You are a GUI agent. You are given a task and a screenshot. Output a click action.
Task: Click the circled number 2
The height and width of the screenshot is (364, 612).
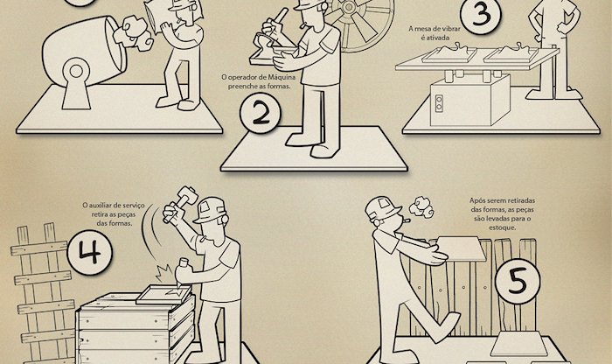[261, 113]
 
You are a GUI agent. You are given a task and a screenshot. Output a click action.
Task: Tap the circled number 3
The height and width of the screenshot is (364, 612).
[482, 14]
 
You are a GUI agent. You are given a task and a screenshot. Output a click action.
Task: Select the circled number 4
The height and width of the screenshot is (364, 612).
[89, 252]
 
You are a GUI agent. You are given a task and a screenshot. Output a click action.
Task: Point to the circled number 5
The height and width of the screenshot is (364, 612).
[518, 281]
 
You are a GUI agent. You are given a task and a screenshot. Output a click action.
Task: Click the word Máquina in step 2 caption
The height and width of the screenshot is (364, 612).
[281, 77]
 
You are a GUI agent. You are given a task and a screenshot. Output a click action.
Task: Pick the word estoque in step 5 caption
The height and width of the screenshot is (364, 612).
[503, 227]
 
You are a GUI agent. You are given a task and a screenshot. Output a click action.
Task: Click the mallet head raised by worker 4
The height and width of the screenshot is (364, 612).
[187, 194]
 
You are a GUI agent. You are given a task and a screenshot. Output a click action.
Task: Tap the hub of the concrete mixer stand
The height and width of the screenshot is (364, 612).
[76, 71]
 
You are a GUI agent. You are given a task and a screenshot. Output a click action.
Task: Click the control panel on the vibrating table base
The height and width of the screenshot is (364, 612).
[439, 102]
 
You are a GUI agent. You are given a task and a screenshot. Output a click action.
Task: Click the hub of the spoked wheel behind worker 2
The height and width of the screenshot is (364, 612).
[349, 7]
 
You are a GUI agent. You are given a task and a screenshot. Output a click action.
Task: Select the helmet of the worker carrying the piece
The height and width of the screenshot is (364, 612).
[383, 208]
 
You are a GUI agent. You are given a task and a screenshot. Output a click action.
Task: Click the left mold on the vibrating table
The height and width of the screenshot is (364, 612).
[449, 54]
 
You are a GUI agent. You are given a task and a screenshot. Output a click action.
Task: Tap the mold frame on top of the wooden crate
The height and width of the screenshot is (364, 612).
[163, 295]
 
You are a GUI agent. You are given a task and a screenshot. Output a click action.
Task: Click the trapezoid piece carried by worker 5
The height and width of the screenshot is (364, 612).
[462, 249]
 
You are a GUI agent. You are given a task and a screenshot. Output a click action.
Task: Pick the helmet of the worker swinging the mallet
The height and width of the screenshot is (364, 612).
[211, 210]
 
